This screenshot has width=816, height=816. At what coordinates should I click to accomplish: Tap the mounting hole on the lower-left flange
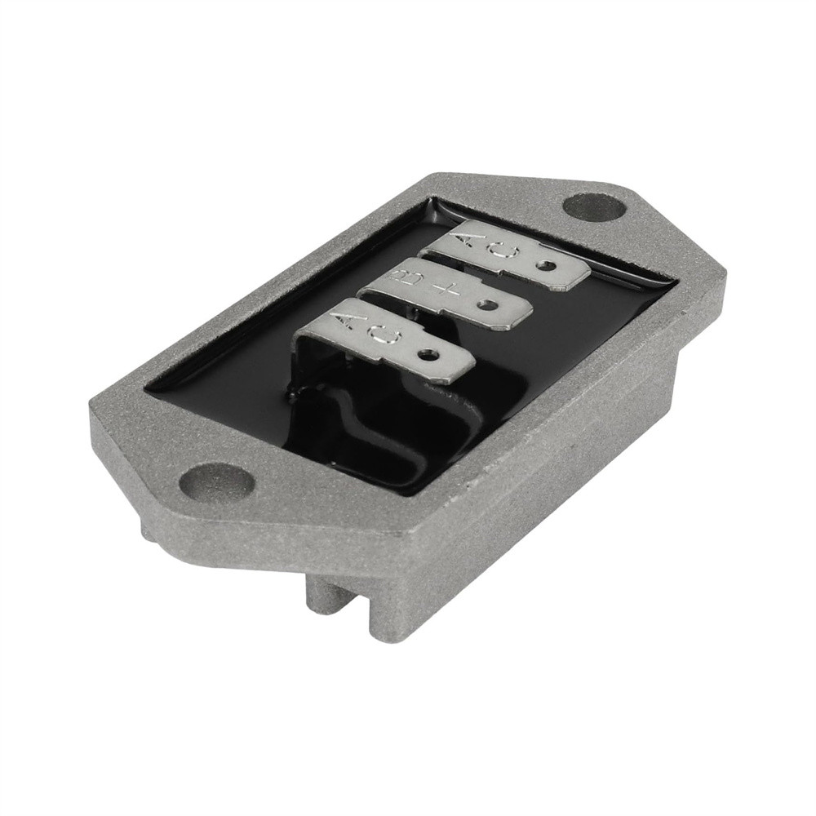click(x=216, y=481)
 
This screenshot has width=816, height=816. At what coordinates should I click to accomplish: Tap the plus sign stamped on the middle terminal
click(x=445, y=291)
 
